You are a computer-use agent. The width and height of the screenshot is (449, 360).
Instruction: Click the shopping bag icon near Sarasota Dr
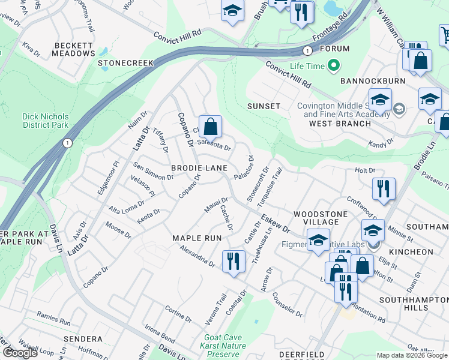pyautogui.click(x=210, y=127)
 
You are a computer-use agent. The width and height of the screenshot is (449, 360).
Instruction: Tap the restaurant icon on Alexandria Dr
pyautogui.click(x=233, y=262)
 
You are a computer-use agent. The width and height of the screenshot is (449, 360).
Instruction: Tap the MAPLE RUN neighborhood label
pyautogui.click(x=197, y=238)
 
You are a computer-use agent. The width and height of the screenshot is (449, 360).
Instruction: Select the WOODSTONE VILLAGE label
pyautogui.click(x=317, y=218)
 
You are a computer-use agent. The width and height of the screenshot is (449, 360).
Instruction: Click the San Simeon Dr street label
pyautogui.click(x=153, y=172)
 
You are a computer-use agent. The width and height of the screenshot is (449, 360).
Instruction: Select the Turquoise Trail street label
pyautogui.click(x=269, y=188)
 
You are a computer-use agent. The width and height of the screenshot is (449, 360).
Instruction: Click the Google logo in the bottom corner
pyautogui.click(x=19, y=353)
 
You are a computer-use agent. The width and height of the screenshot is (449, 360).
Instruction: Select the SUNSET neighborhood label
pyautogui.click(x=264, y=106)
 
